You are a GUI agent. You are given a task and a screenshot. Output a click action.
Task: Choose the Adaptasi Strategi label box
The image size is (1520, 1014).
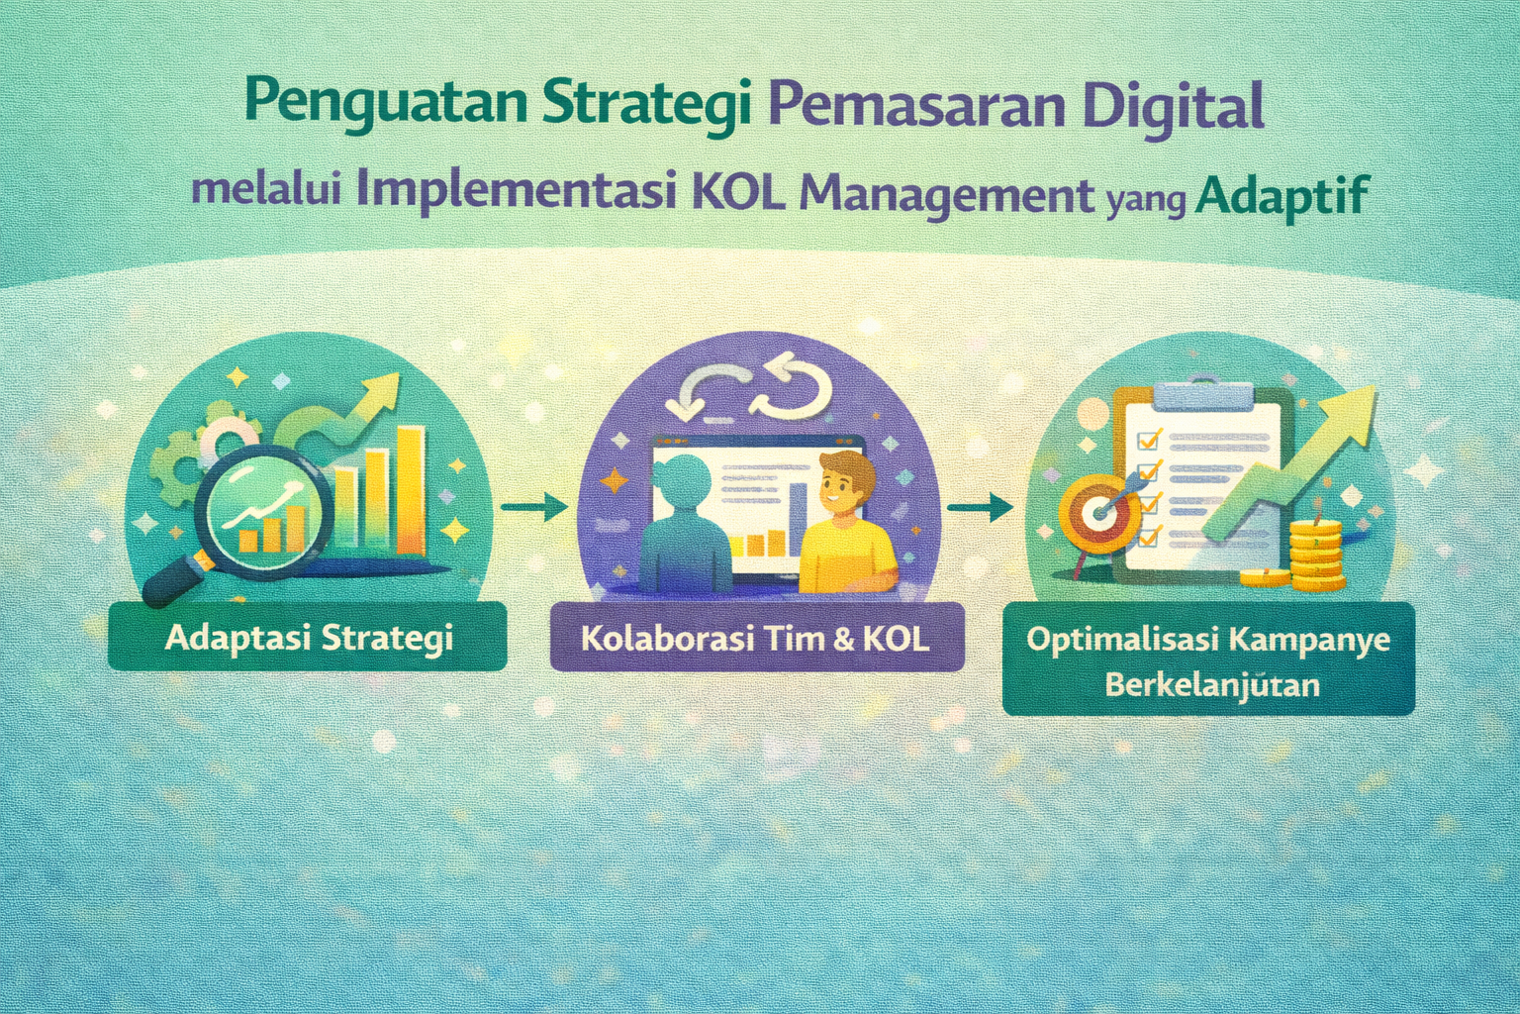coord(308,637)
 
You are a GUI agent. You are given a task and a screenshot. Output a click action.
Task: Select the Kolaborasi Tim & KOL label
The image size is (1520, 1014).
coord(757,637)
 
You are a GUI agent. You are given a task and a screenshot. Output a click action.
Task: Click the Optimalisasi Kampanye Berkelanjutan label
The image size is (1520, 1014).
coord(1208,659)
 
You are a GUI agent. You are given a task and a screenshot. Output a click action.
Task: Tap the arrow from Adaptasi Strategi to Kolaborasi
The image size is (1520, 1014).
coord(534,507)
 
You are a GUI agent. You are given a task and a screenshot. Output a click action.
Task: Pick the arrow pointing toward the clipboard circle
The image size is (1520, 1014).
coord(981,507)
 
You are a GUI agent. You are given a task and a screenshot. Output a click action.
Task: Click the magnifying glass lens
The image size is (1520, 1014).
coord(264,511)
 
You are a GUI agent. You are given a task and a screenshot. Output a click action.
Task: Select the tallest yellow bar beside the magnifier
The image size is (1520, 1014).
coord(412,491)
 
